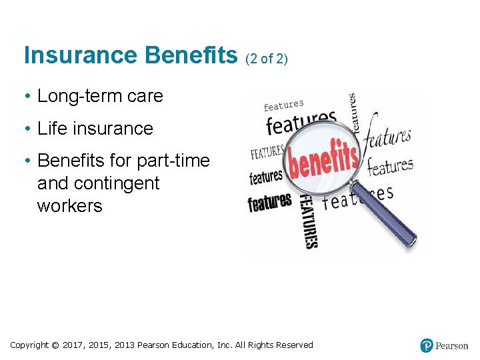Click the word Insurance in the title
click(79, 55)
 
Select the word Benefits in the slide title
click(190, 55)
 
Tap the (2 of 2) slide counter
click(267, 59)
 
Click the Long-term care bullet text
click(100, 96)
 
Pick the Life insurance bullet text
click(95, 128)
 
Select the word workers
click(69, 205)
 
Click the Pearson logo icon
click(427, 345)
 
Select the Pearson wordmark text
click(452, 345)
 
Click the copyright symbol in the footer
click(56, 345)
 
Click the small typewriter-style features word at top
click(283, 105)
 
